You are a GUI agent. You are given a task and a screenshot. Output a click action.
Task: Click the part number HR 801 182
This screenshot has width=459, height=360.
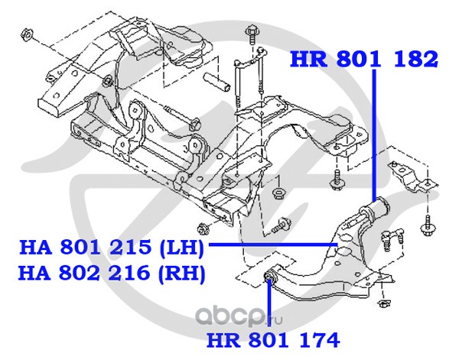(x=364, y=59)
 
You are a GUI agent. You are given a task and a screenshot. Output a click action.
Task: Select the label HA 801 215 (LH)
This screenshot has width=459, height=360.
(x=111, y=248)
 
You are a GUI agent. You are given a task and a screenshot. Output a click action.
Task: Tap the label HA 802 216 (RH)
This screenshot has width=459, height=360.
(x=112, y=274)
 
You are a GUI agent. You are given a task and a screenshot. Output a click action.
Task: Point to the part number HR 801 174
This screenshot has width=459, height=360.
(x=273, y=340)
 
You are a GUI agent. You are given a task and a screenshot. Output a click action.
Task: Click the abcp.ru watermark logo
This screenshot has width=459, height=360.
(x=239, y=316)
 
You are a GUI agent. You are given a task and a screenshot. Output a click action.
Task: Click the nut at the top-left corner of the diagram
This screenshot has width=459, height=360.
(x=26, y=35)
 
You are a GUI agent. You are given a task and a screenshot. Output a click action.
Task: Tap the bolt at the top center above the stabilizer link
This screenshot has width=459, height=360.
(x=252, y=34)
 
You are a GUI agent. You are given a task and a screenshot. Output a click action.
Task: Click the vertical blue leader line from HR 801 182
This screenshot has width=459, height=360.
(x=374, y=135)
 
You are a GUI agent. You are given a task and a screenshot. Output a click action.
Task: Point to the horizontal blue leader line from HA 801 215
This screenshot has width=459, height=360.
(x=273, y=244)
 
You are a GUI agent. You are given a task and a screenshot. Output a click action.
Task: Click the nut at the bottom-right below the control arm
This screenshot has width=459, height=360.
(x=382, y=303)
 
